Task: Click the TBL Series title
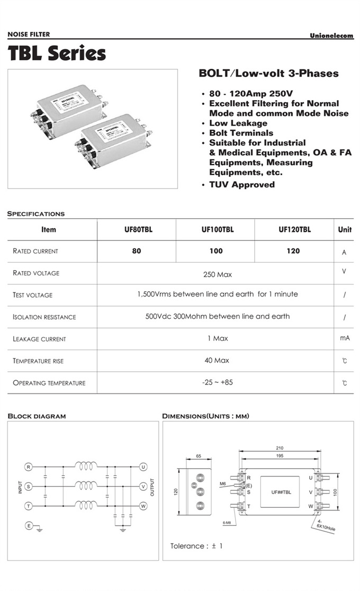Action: pyautogui.click(x=57, y=53)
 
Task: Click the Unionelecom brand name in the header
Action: pyautogui.click(x=331, y=35)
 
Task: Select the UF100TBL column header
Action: pyautogui.click(x=216, y=230)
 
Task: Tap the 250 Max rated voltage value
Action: pyautogui.click(x=217, y=274)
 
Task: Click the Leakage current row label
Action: pyautogui.click(x=39, y=339)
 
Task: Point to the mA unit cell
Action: pyautogui.click(x=344, y=338)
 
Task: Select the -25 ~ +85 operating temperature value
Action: pyautogui.click(x=217, y=382)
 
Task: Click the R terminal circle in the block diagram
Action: pyautogui.click(x=29, y=467)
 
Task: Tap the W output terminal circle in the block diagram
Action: pyautogui.click(x=143, y=506)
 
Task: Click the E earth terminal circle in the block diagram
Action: pyautogui.click(x=29, y=525)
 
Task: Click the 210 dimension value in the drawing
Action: pyautogui.click(x=280, y=447)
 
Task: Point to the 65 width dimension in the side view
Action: pyautogui.click(x=199, y=456)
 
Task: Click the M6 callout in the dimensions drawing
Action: pyautogui.click(x=223, y=483)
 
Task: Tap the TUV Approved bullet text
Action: pyautogui.click(x=241, y=185)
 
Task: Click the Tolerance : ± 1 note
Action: pyautogui.click(x=196, y=546)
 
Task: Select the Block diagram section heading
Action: pyautogui.click(x=37, y=416)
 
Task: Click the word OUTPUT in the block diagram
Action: pyautogui.click(x=152, y=487)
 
